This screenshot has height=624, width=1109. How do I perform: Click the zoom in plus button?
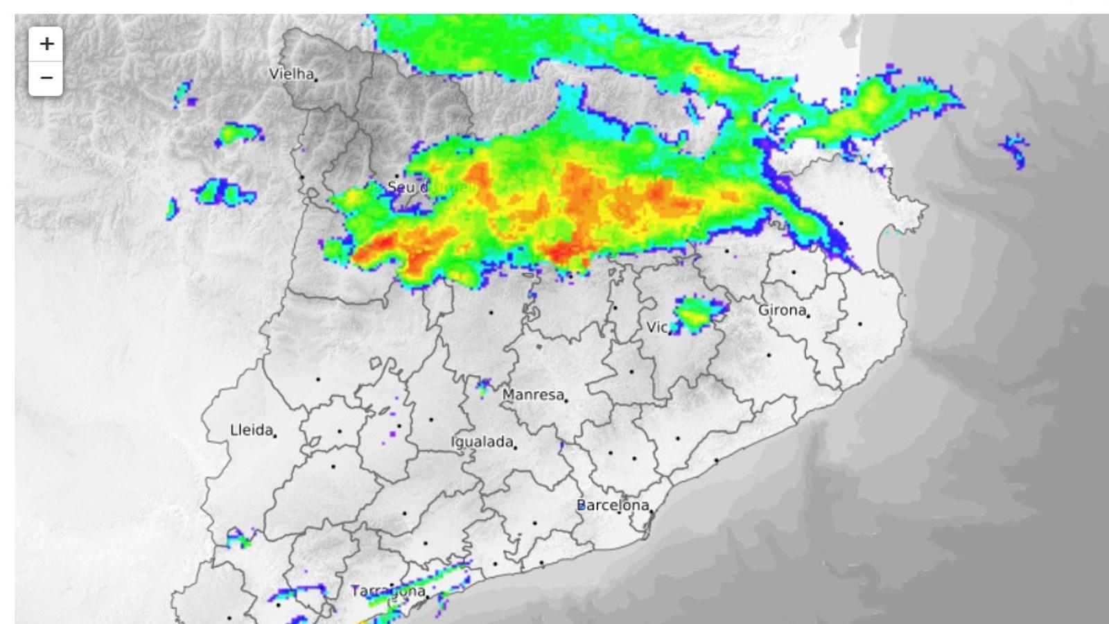pos(46,44)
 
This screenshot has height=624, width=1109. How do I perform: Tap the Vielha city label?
pos(291,73)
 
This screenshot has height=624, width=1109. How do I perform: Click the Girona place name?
pos(781,310)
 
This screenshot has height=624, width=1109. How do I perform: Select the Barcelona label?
pos(613,505)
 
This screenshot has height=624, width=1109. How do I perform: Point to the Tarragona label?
pos(387,591)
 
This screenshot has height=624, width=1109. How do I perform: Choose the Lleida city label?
pos(251,430)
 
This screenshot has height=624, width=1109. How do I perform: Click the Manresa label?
pos(532,394)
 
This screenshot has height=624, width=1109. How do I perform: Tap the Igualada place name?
pos(482,441)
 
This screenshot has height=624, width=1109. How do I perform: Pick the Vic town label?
pos(656,327)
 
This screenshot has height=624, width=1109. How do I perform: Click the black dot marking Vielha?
pos(317,80)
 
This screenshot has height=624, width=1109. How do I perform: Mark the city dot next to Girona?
pos(809,315)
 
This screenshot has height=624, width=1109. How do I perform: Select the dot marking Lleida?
pos(275,435)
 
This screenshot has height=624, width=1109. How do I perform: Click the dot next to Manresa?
pos(566,400)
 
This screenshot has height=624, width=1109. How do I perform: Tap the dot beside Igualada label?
pos(515,447)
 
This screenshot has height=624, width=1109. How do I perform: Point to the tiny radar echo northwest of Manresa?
pos(483,385)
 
